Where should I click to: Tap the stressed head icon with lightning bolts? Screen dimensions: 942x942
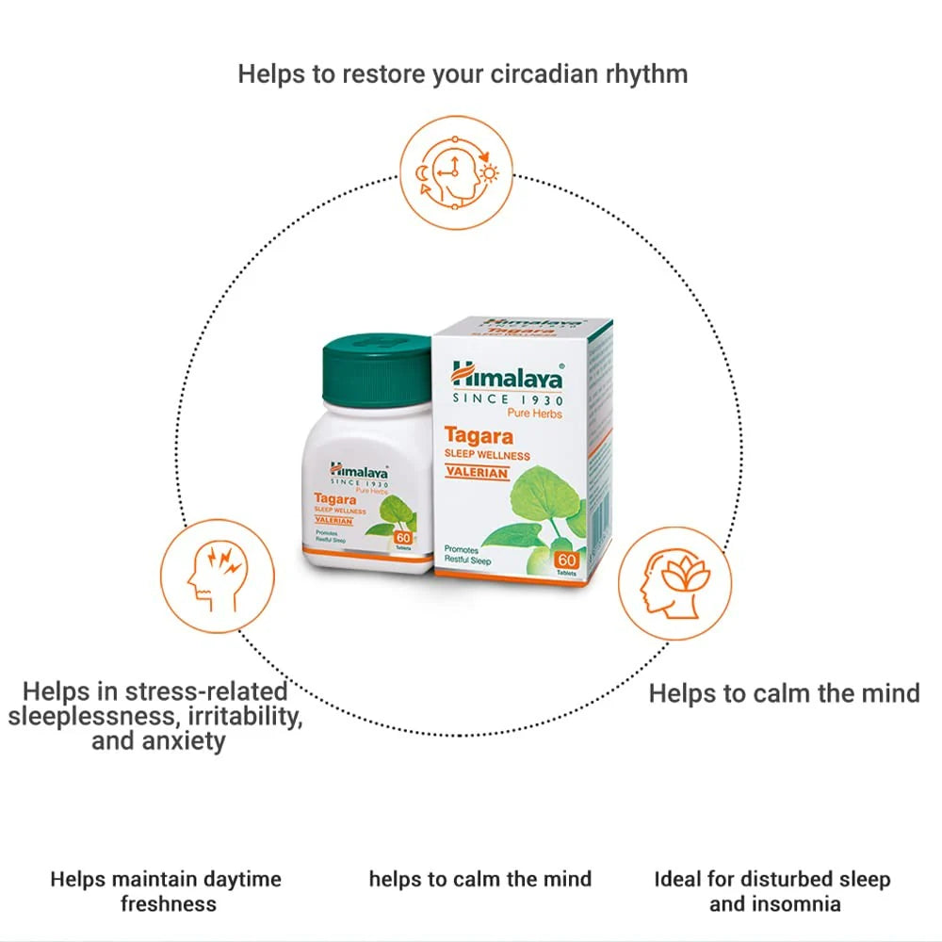tap(217, 574)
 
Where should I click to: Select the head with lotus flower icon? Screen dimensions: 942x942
tap(674, 583)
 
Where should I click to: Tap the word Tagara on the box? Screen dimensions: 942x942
tap(479, 436)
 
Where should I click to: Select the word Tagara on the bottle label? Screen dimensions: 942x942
tap(337, 499)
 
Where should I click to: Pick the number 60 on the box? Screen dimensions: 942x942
tap(566, 559)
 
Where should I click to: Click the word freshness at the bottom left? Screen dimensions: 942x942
tap(168, 904)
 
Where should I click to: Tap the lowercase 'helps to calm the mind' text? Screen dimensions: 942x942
tap(479, 879)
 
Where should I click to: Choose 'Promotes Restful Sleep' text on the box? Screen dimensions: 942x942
tap(467, 554)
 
